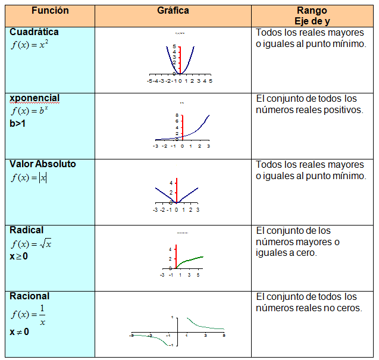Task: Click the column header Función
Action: tap(51, 11)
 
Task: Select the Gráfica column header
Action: tap(173, 11)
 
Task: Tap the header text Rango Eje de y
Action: tap(313, 16)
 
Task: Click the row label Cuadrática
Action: tap(34, 32)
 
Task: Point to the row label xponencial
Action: tap(35, 98)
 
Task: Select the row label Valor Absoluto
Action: tap(43, 164)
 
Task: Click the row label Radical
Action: tap(27, 230)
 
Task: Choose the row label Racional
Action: tap(30, 296)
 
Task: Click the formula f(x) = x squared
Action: tap(30, 45)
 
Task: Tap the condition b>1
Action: tap(20, 124)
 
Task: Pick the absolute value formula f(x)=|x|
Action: tap(29, 177)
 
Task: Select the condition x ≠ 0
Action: tap(20, 332)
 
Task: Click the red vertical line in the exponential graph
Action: tap(182, 127)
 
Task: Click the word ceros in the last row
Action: tap(347, 308)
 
